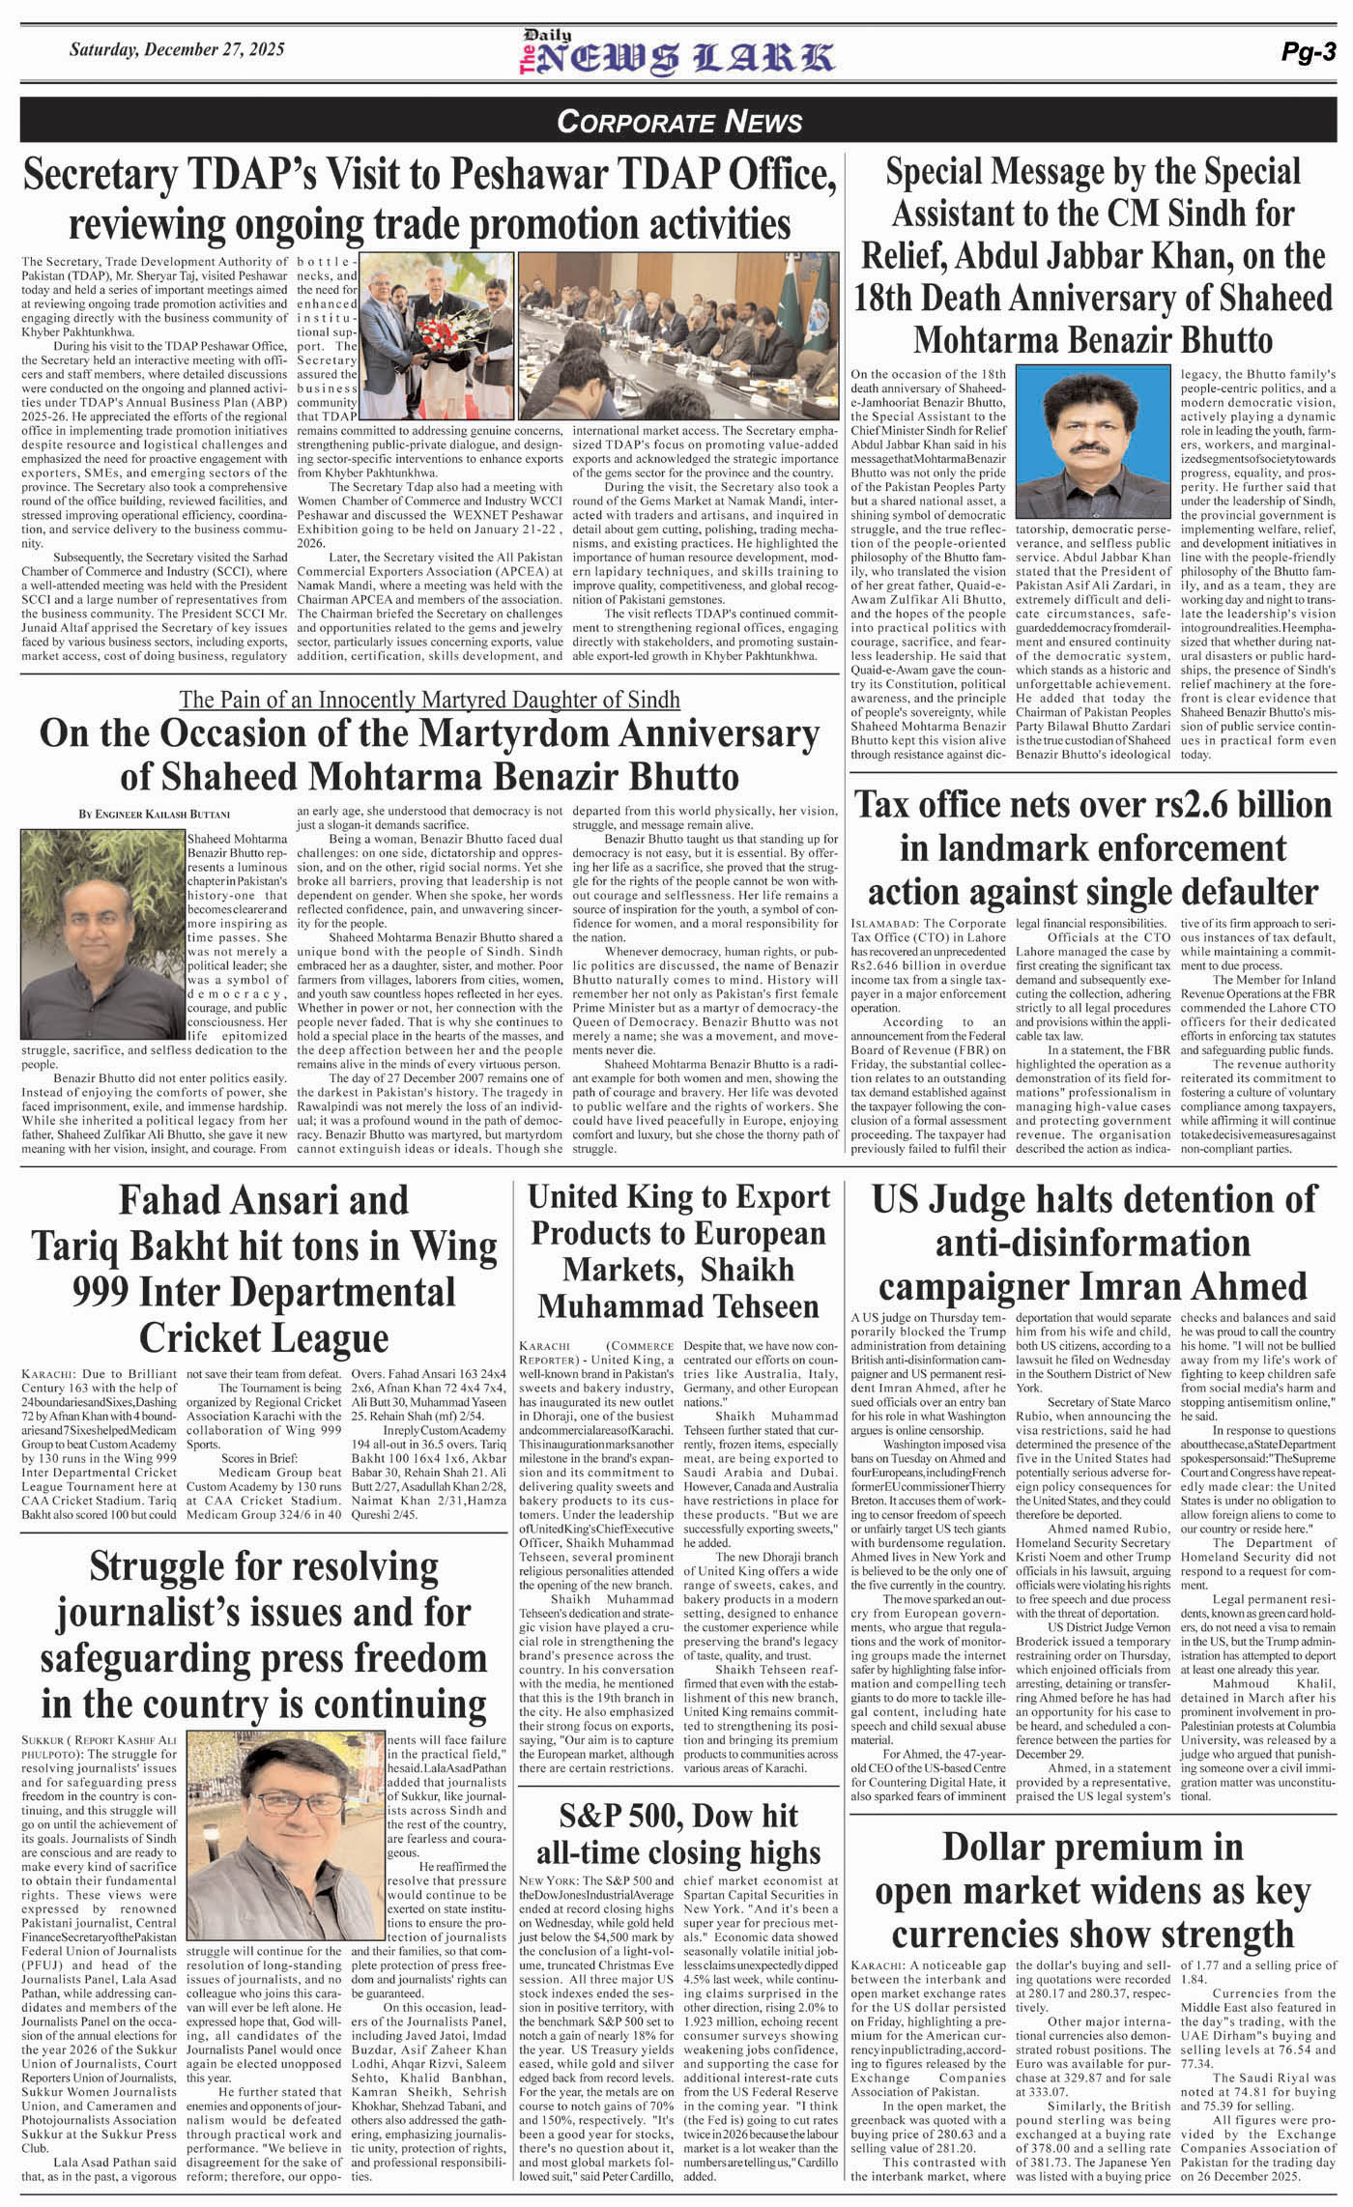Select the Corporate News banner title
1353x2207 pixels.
click(x=679, y=122)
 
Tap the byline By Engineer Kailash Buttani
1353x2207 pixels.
click(x=155, y=816)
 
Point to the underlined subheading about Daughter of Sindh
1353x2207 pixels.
click(x=429, y=700)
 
